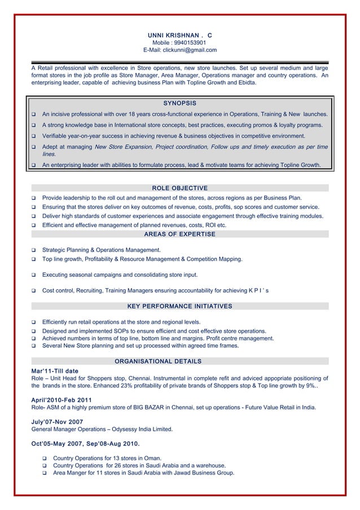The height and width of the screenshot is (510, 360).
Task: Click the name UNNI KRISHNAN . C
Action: [x=179, y=35]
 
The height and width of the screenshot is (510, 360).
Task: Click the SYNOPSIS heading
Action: [x=179, y=103]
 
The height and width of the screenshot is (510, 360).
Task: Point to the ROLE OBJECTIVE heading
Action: [x=179, y=188]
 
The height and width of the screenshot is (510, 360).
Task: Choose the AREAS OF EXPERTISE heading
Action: [x=179, y=234]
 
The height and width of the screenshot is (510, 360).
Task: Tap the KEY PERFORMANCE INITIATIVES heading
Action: [x=179, y=306]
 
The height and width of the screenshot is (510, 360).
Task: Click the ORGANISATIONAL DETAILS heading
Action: [x=158, y=361]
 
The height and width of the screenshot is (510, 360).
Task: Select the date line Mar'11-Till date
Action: [x=55, y=370]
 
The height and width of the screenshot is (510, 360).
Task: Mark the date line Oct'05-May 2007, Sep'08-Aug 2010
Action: [x=86, y=443]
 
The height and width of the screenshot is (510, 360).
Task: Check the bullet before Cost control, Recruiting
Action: [x=34, y=291]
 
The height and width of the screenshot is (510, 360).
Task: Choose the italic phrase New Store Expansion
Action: [x=121, y=147]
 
